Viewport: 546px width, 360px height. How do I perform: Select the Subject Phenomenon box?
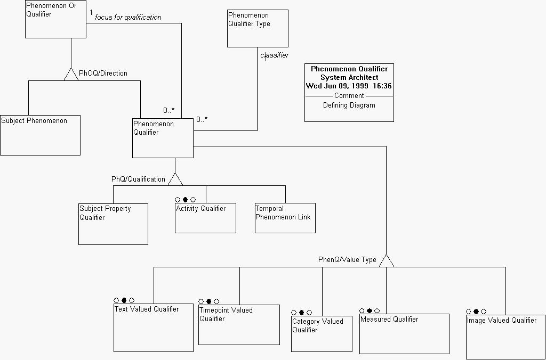[40, 135]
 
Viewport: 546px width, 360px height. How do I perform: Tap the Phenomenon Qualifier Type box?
[258, 28]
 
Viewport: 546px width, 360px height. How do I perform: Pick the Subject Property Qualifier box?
[113, 224]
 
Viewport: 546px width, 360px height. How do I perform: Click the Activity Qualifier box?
[205, 218]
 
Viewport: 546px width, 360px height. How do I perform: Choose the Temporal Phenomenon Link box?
[285, 218]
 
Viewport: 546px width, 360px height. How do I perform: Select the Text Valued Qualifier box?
[154, 328]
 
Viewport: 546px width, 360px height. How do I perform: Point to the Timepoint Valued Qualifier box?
[239, 325]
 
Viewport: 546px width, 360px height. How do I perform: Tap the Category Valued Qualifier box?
[322, 334]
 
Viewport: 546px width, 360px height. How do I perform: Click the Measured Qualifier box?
[404, 334]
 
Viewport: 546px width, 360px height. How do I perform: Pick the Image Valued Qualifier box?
[505, 337]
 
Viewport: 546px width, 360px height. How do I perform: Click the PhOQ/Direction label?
[103, 73]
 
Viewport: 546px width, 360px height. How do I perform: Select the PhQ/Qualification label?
[138, 179]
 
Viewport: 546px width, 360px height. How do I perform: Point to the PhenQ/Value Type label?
[347, 260]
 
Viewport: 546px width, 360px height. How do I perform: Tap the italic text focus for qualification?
[128, 18]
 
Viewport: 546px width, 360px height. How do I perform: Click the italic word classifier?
[274, 55]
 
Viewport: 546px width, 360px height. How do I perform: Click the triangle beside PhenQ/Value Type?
[387, 260]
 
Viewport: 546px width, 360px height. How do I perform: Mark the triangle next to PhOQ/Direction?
[71, 74]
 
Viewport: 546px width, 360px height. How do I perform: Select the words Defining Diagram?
[349, 105]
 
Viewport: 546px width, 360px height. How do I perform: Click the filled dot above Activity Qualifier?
[186, 200]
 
